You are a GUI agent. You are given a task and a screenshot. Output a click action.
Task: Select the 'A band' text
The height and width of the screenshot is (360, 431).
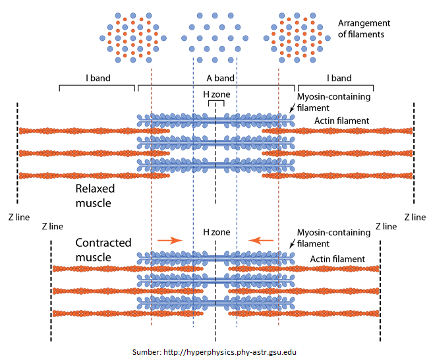(x=215, y=78)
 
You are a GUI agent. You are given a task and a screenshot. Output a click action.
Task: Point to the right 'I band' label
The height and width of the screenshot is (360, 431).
(x=339, y=78)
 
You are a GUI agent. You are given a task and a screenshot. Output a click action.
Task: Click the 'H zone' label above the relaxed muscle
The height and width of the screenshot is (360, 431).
(x=216, y=95)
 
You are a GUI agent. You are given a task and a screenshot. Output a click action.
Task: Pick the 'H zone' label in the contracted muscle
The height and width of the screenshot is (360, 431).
(x=215, y=232)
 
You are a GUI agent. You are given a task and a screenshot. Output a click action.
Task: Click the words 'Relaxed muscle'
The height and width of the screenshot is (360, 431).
(x=94, y=196)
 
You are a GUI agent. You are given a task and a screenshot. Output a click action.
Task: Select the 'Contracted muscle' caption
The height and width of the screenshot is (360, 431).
(x=103, y=249)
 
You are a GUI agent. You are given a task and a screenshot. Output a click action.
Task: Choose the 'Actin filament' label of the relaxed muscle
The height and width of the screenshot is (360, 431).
(x=341, y=121)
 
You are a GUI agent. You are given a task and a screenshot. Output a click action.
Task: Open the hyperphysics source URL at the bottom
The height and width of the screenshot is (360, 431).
(x=215, y=352)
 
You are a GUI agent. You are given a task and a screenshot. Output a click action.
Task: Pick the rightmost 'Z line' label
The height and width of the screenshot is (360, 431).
(x=415, y=216)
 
